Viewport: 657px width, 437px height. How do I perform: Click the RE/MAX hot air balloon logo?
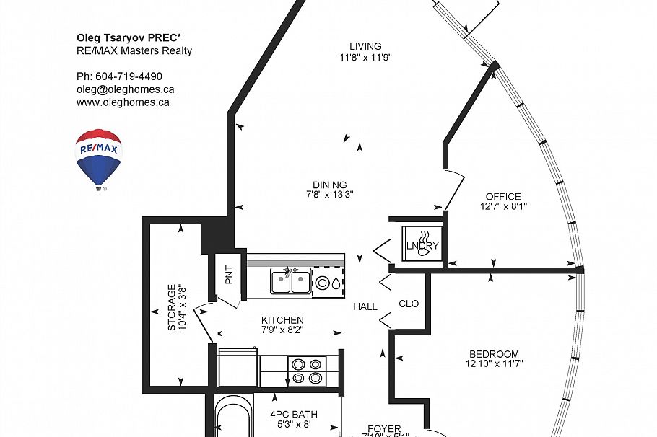click(99, 158)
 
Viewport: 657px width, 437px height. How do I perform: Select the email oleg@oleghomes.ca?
click(125, 89)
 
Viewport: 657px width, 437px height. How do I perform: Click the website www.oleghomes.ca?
click(123, 102)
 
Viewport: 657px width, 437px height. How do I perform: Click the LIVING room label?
click(365, 47)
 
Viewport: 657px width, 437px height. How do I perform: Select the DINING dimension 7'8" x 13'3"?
click(329, 195)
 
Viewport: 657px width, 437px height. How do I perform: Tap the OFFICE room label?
click(502, 197)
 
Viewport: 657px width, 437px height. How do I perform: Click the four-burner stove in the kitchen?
click(306, 371)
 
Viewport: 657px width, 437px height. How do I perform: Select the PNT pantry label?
click(229, 274)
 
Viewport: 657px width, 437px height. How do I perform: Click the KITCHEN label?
click(282, 320)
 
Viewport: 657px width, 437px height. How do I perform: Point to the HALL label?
click(365, 306)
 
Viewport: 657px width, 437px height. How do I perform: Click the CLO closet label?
click(409, 304)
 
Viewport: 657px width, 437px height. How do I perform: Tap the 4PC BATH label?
click(294, 414)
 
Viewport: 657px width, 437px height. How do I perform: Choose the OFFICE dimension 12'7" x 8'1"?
click(502, 206)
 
